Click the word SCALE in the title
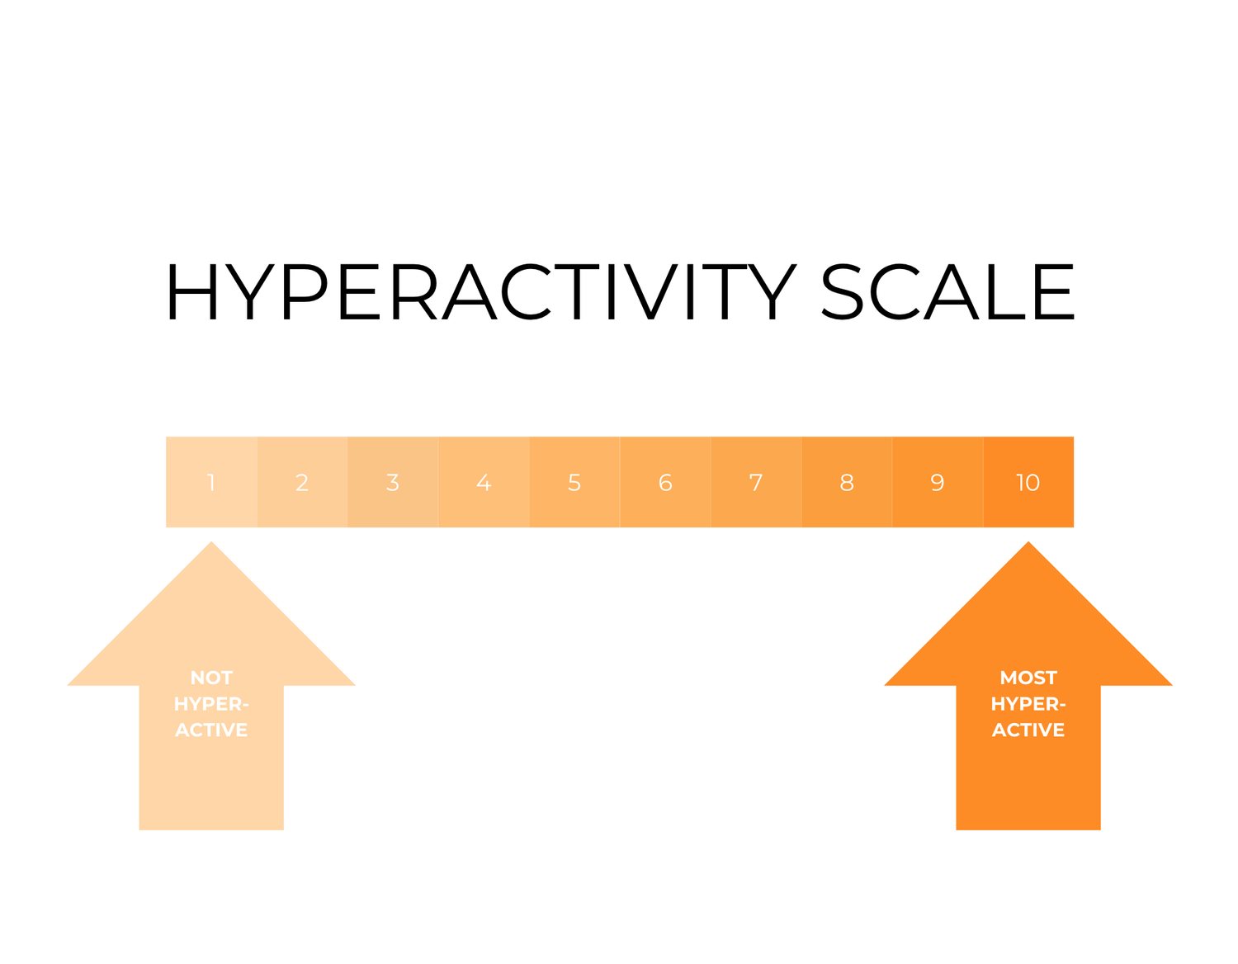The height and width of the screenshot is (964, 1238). [x=947, y=292]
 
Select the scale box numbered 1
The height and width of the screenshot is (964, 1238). [x=211, y=482]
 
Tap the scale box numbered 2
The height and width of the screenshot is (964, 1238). [x=302, y=482]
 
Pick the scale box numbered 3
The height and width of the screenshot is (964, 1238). [x=393, y=482]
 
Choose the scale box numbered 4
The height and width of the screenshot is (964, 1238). [x=484, y=482]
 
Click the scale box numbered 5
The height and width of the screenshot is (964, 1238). [x=574, y=482]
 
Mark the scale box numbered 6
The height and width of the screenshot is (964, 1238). [x=665, y=482]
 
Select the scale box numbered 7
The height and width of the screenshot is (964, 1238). [x=756, y=482]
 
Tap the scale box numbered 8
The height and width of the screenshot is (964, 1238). [x=847, y=482]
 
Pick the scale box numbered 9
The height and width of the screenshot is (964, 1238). [x=938, y=482]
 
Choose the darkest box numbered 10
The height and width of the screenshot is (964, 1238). [x=1028, y=482]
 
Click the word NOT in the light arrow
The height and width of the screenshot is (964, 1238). [x=211, y=678]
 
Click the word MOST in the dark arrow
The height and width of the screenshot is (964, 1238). [x=1028, y=678]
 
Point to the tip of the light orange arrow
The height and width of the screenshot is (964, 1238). [x=211, y=545]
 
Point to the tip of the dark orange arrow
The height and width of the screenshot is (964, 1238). [x=1028, y=545]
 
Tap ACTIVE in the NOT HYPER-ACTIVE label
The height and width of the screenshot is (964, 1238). [x=211, y=730]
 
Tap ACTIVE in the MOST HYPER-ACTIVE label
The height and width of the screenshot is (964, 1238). [x=1028, y=730]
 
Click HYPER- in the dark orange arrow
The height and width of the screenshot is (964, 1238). [x=1028, y=704]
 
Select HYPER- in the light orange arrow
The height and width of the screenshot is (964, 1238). [x=211, y=704]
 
